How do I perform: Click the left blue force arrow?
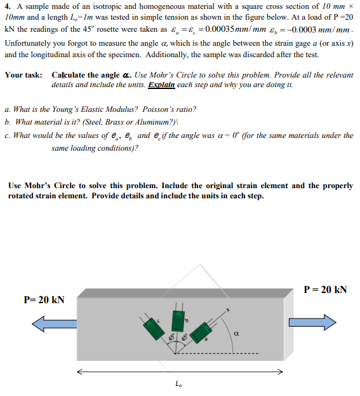coord(53,325)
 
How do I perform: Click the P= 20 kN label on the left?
coord(44,299)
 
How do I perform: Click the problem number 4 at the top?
coord(7,6)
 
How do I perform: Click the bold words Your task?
coord(23,74)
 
